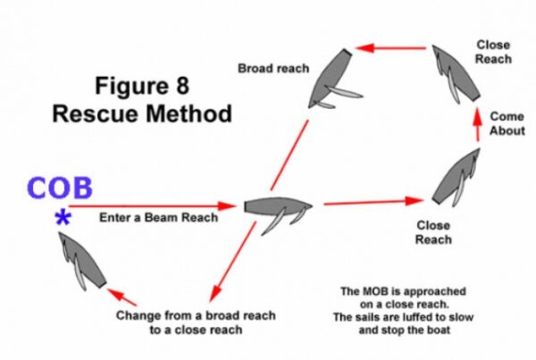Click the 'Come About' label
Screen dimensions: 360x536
(507, 124)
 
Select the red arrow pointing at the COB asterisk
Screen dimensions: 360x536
(152, 206)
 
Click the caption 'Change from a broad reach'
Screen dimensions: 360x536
(196, 316)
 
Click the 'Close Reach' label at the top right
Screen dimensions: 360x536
(494, 52)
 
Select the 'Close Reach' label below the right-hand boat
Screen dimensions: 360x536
(433, 233)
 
